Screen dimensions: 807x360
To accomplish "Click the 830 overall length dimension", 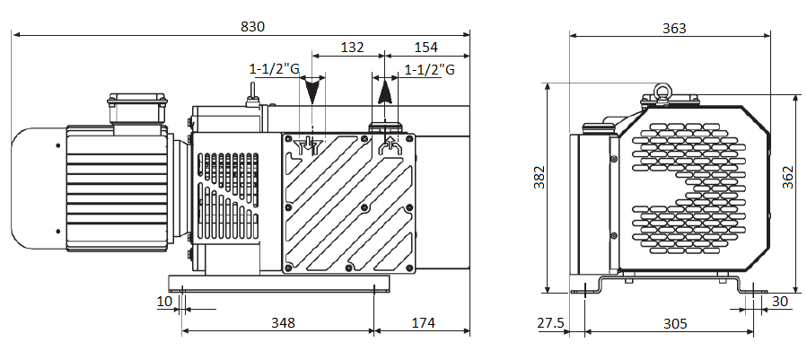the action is point(253,26).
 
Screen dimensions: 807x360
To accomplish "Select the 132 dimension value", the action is point(353,48).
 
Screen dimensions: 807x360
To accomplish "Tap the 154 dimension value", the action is point(425,48).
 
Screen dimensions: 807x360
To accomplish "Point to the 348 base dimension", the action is point(284,323).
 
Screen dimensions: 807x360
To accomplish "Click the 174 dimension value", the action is point(424,323).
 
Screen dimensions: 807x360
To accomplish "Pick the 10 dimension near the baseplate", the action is point(164,302).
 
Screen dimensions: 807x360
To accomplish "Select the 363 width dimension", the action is point(674,28).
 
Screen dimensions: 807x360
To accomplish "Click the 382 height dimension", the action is point(539,177).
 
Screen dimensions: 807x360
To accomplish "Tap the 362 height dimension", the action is point(788,177).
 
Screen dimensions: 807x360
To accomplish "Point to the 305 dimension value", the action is point(675,323).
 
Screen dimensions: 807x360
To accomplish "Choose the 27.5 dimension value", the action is point(551,323).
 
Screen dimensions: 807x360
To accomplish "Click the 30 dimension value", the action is point(780,302).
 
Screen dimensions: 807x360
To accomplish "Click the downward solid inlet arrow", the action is point(311,91).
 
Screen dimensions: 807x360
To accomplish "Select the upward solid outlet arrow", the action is point(384,93).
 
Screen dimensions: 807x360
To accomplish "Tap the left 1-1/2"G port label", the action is point(275,68).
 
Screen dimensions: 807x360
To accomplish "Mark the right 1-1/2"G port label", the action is point(430,69).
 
